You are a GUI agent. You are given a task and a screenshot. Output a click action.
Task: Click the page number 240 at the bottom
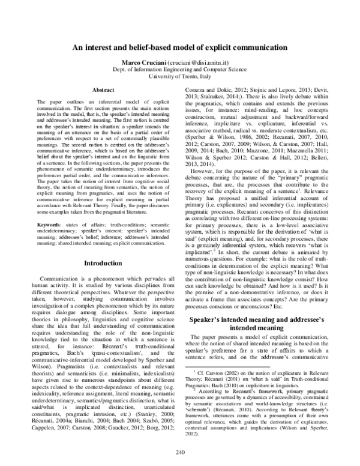click(x=180, y=452)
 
